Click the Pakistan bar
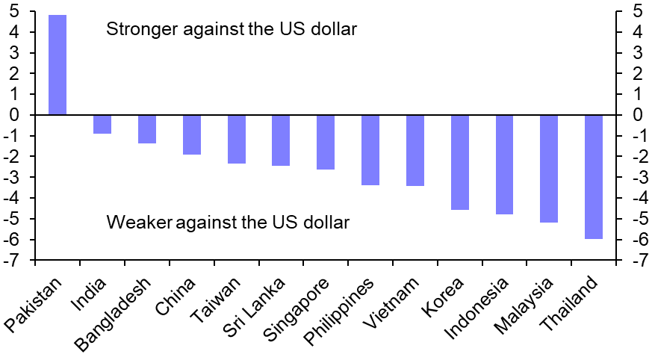coord(58,65)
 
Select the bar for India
coord(102,124)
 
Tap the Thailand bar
coord(594,176)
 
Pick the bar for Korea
coord(460,162)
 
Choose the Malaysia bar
coord(549,168)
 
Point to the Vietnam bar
coord(415,150)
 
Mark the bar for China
coord(192,134)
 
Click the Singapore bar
coord(326,142)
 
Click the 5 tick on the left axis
coord(14,12)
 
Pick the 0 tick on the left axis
coord(14,115)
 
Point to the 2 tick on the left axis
coord(14,74)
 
